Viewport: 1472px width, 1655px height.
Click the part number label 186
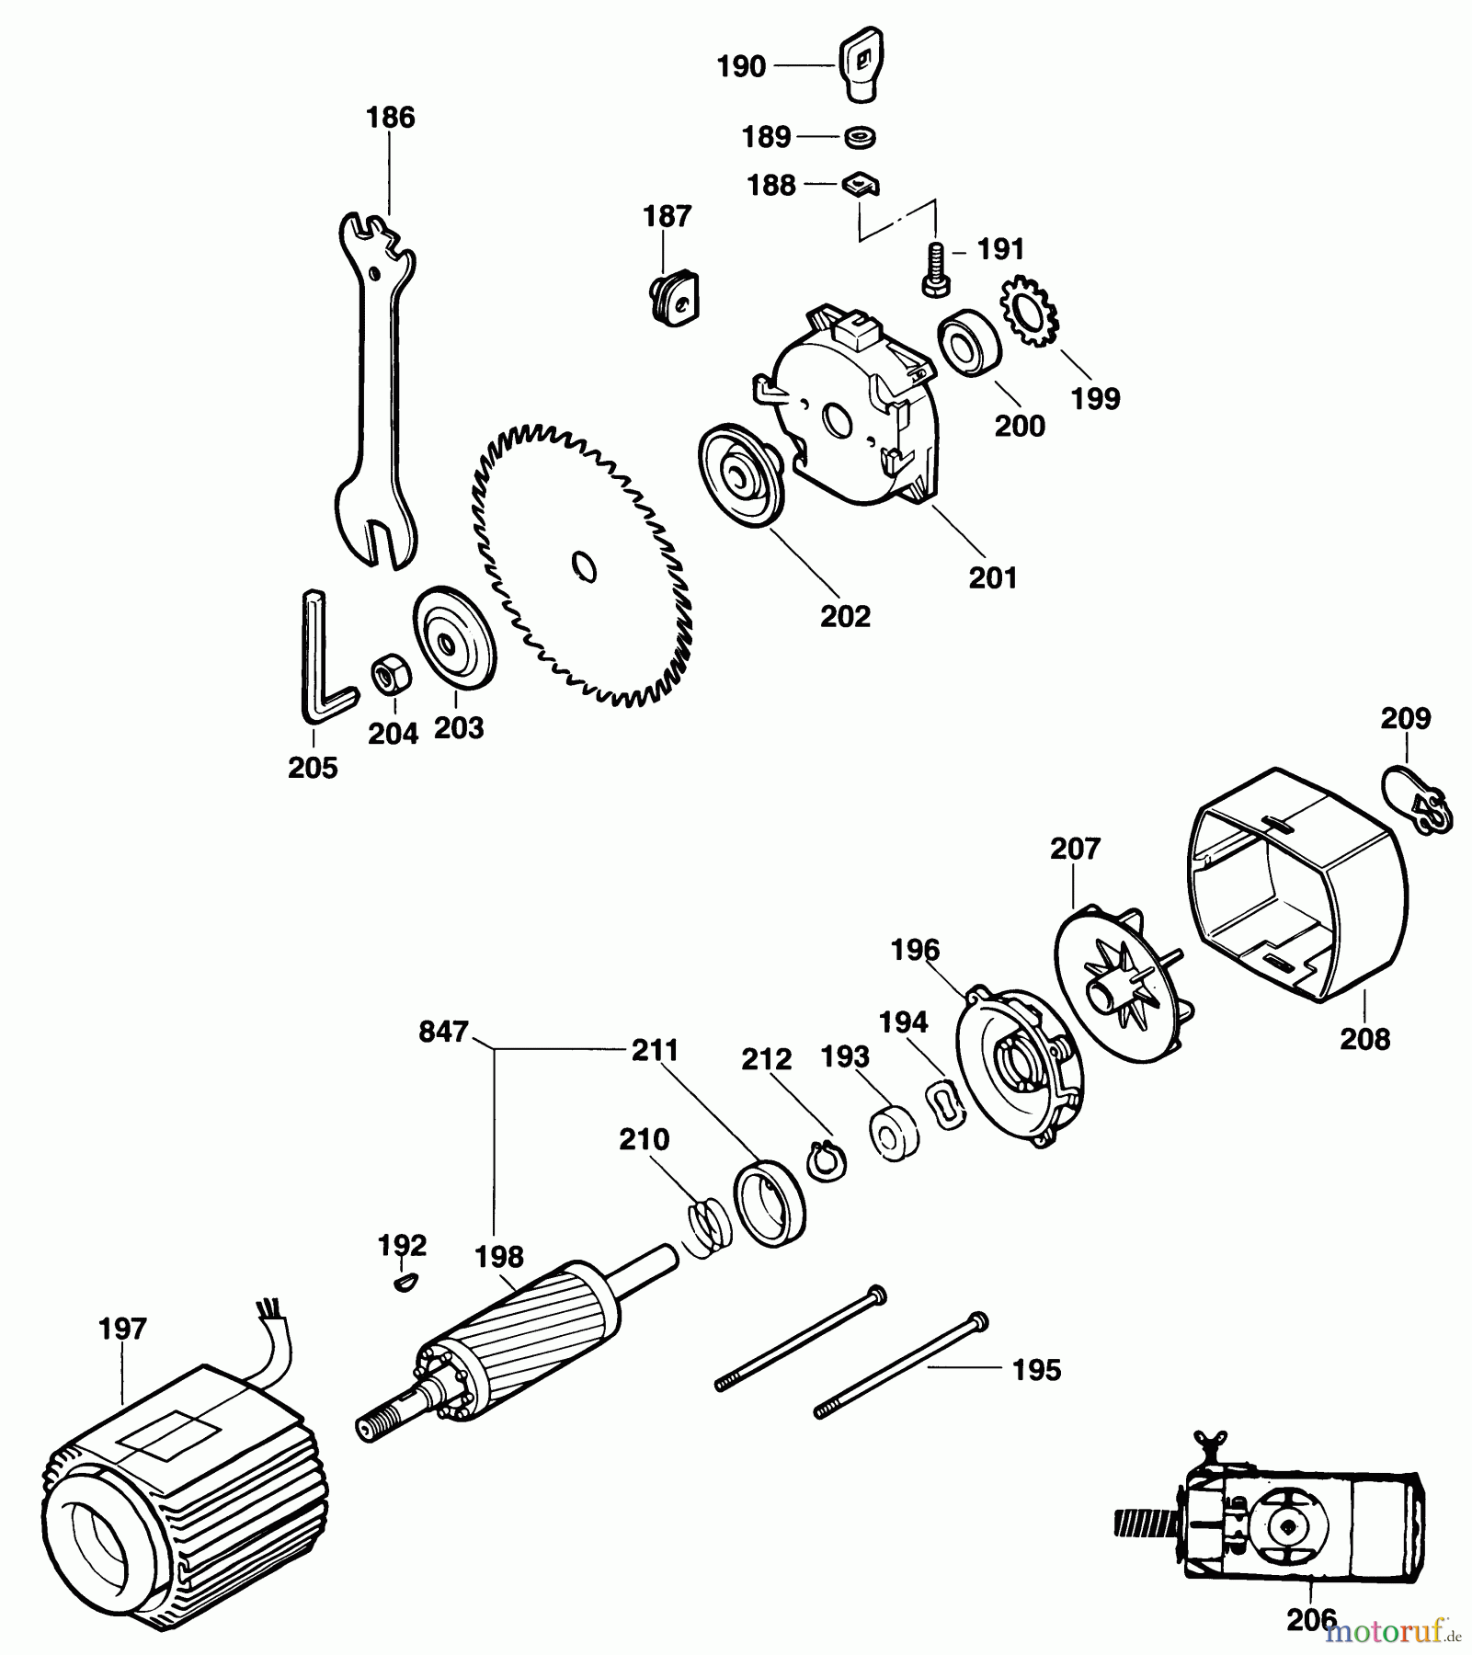[x=390, y=118]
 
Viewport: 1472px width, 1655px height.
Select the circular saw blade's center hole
[x=584, y=566]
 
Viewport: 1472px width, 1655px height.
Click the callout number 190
[x=741, y=66]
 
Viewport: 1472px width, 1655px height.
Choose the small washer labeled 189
[x=860, y=137]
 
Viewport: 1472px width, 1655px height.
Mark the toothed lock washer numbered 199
[x=1030, y=314]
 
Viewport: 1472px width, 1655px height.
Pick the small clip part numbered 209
[x=1417, y=799]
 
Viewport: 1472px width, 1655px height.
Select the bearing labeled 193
[x=893, y=1138]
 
